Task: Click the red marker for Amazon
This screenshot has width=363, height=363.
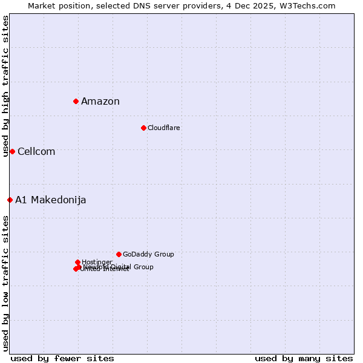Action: pos(76,101)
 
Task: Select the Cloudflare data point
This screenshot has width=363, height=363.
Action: pos(143,128)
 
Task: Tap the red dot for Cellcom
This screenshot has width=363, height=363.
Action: pos(12,151)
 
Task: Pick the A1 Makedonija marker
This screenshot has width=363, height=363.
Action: pos(10,200)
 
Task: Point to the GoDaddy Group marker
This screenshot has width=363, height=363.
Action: pos(119,254)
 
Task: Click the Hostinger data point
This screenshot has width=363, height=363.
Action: pos(77,262)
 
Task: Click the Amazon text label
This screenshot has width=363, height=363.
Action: pos(100,102)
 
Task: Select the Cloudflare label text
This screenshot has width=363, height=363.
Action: pos(164,128)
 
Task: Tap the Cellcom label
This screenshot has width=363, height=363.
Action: pos(36,152)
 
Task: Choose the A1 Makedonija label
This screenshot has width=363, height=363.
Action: pos(51,200)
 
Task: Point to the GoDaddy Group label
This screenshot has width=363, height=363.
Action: pos(148,254)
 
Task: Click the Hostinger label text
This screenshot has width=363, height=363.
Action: pos(97,262)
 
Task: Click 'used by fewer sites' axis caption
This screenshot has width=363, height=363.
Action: pos(62,358)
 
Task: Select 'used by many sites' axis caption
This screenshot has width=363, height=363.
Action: pos(304,358)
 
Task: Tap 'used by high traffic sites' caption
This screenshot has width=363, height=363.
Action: pos(6,86)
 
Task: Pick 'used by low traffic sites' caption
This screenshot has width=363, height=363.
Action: pos(6,283)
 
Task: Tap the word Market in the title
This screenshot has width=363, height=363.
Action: pos(42,5)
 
